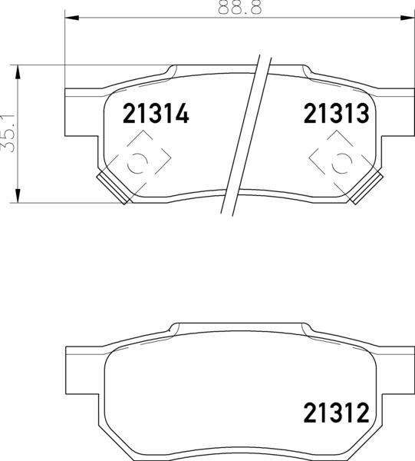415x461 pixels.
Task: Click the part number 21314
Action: point(156,114)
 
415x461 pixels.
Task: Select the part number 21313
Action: point(336,114)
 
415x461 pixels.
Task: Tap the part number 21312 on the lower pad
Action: point(336,413)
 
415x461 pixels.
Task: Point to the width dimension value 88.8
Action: point(239,7)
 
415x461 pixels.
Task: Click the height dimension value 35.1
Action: point(8,133)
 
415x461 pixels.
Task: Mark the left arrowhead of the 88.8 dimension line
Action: point(72,18)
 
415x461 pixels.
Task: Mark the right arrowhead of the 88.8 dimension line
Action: point(407,18)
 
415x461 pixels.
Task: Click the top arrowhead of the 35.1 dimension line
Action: point(18,72)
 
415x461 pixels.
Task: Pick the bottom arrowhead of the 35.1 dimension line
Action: point(18,195)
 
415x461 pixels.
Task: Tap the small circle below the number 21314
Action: point(137,163)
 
